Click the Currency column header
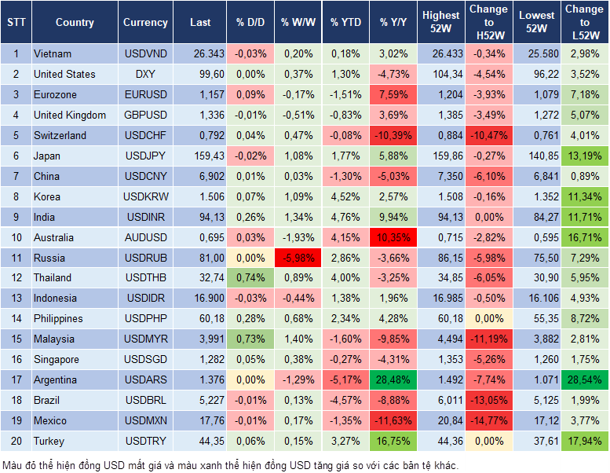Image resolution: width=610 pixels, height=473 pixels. tap(145, 23)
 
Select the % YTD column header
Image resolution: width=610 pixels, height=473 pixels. tap(345, 23)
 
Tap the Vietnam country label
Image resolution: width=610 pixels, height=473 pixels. tap(53, 53)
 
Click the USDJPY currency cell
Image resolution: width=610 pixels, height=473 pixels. tap(145, 156)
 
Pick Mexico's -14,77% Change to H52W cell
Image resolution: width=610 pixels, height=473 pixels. tap(488, 420)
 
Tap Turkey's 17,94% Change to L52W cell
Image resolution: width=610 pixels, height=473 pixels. tap(583, 441)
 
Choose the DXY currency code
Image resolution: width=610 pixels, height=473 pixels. tap(145, 74)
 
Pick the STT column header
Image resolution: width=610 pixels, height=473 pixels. tap(16, 23)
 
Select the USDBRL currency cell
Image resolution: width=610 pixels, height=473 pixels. tap(145, 400)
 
